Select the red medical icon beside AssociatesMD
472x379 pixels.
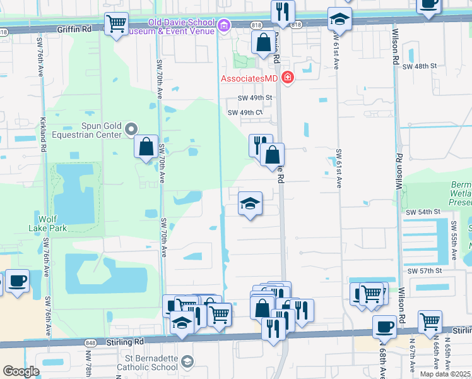[288, 78]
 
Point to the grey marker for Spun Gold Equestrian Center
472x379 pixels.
[131, 129]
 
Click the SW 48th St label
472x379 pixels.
[421, 66]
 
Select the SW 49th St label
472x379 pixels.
[254, 98]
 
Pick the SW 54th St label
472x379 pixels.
[422, 214]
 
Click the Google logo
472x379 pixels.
[21, 371]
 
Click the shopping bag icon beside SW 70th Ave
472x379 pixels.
[146, 147]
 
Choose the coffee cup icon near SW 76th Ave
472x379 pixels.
[17, 280]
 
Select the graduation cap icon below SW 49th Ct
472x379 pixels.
[251, 203]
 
